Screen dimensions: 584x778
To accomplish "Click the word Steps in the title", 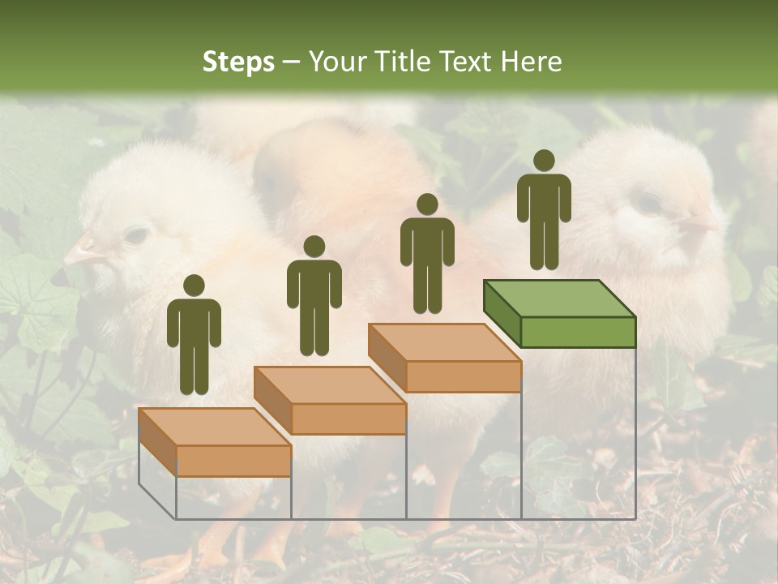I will pyautogui.click(x=238, y=62).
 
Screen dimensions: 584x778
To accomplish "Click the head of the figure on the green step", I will pyautogui.click(x=544, y=161).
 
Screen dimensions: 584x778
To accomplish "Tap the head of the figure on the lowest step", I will pyautogui.click(x=194, y=286).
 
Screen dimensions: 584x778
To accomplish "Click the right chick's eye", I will pyautogui.click(x=648, y=203).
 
